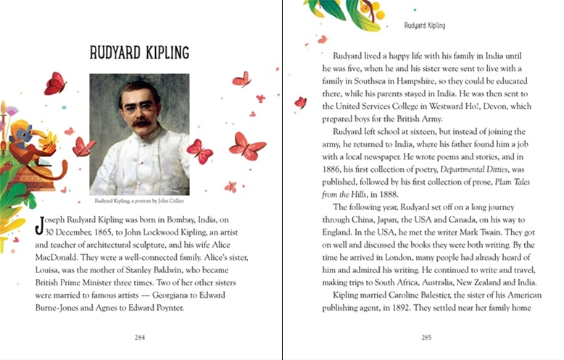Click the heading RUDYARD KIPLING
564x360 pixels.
click(x=139, y=52)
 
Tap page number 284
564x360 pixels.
click(x=140, y=338)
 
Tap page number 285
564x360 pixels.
click(x=426, y=338)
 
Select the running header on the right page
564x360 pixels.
click(x=425, y=26)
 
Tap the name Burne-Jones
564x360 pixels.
click(x=59, y=308)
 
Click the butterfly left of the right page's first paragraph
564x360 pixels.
click(x=300, y=102)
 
